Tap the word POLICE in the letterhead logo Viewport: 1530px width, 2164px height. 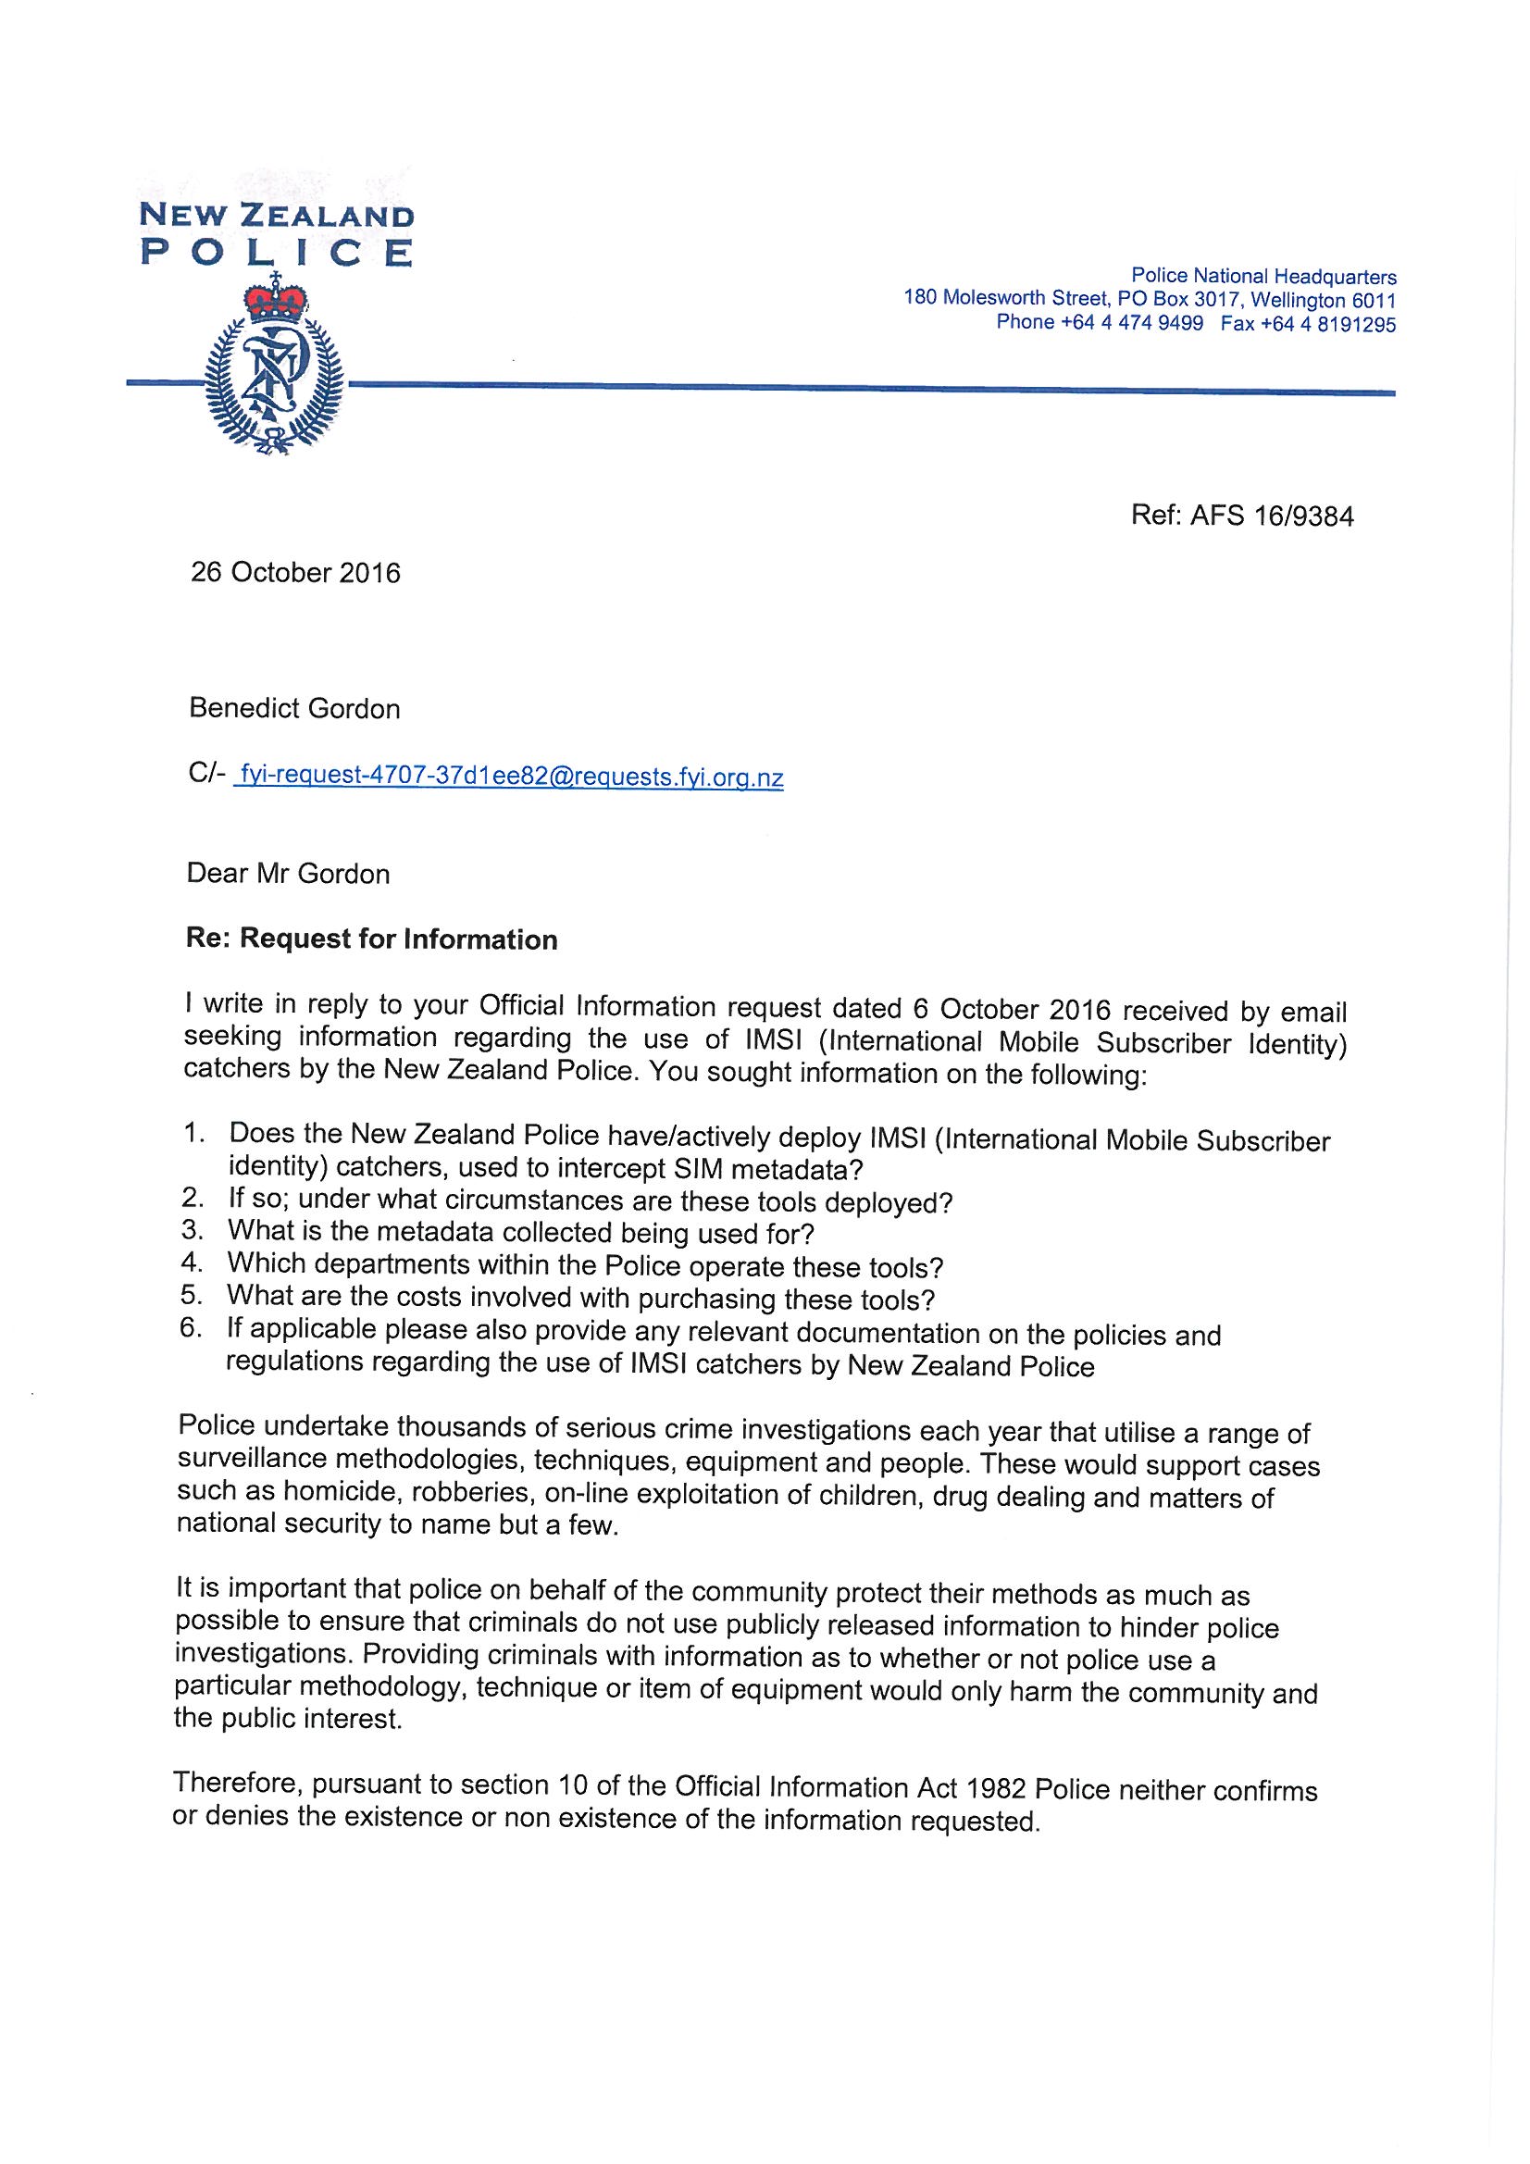(x=275, y=253)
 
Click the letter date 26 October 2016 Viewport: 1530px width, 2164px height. (x=295, y=573)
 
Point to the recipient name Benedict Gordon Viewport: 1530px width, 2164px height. (x=294, y=709)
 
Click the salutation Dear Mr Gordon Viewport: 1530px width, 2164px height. (x=289, y=874)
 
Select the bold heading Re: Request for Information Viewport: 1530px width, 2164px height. (x=372, y=939)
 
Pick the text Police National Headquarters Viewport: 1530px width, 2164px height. (x=1263, y=277)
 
